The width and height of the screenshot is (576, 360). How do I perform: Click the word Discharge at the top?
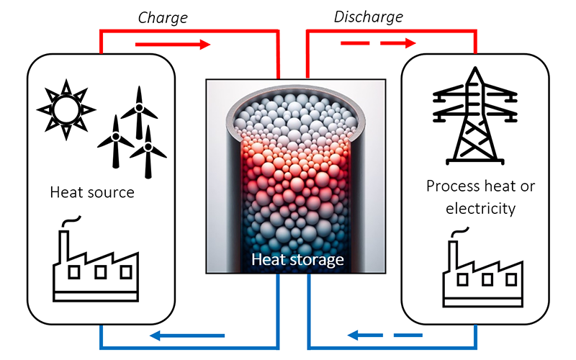click(x=368, y=15)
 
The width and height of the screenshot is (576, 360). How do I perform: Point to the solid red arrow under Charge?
click(x=173, y=45)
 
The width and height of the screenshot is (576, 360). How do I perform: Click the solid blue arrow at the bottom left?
click(x=190, y=335)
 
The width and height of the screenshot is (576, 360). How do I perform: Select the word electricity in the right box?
click(x=471, y=209)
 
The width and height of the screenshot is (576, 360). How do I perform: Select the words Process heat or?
click(x=480, y=186)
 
